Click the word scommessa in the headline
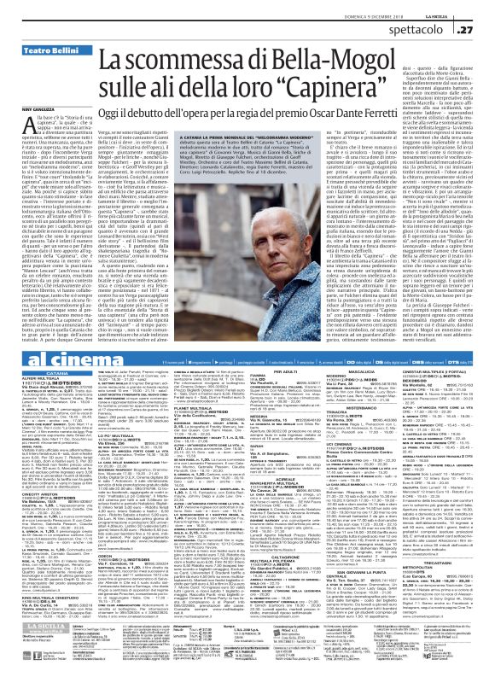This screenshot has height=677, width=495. pyautogui.click(x=164, y=59)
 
